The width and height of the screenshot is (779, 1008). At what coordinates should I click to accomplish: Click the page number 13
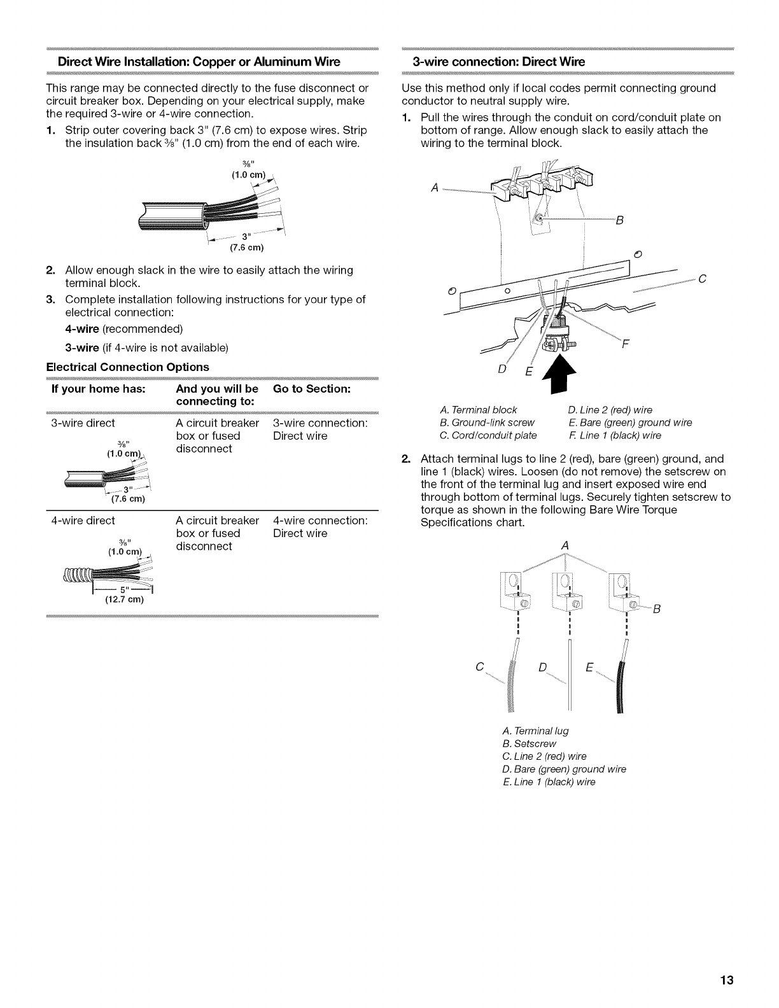[727, 980]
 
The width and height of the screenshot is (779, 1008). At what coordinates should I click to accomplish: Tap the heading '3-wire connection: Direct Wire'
[498, 62]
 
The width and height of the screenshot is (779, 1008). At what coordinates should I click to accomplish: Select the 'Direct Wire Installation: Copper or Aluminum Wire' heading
[199, 62]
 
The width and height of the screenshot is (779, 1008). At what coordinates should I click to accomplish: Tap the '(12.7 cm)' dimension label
[125, 599]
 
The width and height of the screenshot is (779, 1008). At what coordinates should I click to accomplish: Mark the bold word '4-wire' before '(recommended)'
[82, 329]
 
